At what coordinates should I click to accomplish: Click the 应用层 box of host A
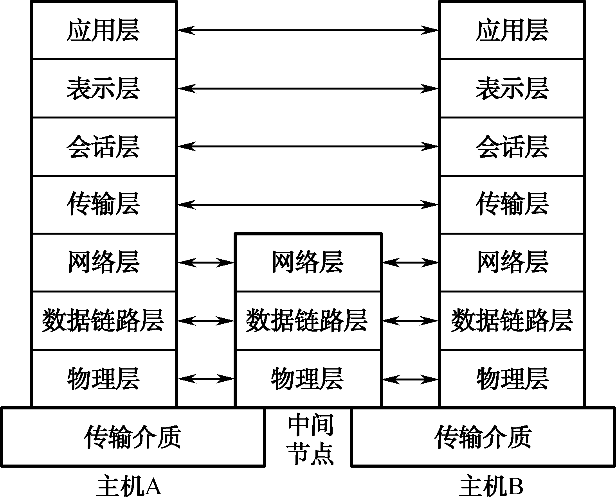tap(104, 31)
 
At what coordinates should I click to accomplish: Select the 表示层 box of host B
tap(512, 88)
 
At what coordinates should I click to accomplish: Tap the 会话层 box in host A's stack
tap(104, 147)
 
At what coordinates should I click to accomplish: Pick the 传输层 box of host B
tap(512, 204)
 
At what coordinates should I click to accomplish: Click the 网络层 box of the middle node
tap(308, 262)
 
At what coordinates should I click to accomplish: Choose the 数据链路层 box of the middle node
tap(308, 321)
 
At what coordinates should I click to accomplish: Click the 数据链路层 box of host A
tap(104, 321)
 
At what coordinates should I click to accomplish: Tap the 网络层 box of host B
tap(512, 262)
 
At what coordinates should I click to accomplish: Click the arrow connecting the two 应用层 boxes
tap(308, 30)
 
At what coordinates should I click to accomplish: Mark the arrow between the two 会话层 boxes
tap(308, 147)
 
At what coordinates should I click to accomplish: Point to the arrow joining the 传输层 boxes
tap(308, 204)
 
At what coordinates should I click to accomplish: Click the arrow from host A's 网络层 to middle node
tap(206, 262)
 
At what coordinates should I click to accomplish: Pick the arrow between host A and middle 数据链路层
tap(206, 321)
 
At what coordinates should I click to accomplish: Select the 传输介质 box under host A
tap(133, 437)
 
